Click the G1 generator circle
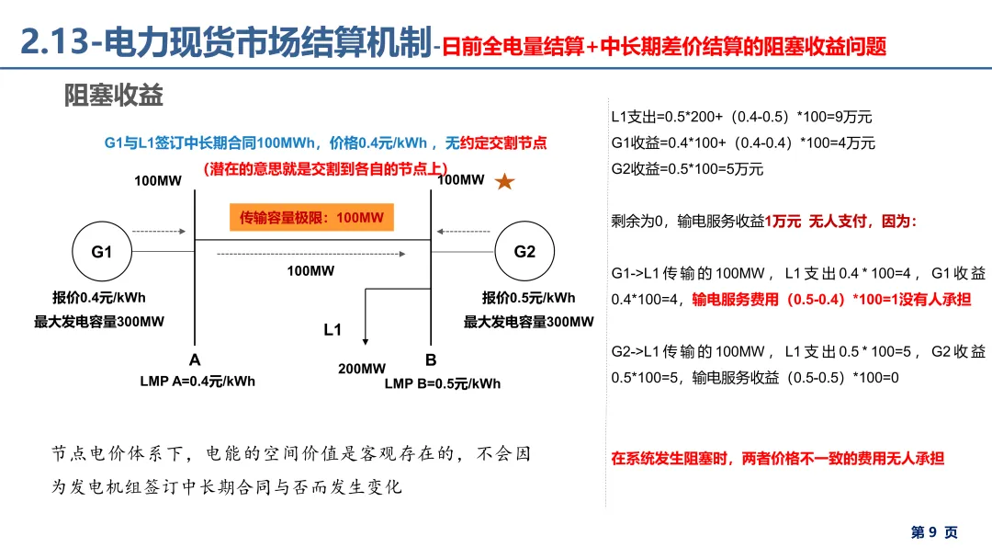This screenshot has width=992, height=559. pos(101,252)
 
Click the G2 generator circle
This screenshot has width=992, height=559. pos(524,252)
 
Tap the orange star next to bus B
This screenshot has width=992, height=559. pos(504,182)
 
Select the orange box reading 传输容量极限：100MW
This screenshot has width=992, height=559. pos(310,218)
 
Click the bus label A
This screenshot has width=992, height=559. pos(195,359)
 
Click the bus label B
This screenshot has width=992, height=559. pos(431,359)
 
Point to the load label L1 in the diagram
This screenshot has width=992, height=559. pos(333,329)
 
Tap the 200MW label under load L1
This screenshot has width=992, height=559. pos(362,369)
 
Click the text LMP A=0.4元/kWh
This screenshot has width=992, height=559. pos(197,382)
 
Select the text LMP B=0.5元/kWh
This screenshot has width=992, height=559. pos(443,383)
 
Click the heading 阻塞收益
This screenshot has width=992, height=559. pos(114,94)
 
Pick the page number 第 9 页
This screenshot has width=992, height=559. pos(934,532)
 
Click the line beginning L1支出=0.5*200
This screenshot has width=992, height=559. pos(741,118)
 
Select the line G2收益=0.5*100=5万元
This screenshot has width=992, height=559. pos(687,169)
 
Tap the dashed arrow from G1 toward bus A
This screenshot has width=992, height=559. pos(152,232)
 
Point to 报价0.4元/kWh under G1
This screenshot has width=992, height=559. pos(99,297)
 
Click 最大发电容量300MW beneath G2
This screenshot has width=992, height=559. pos(529,322)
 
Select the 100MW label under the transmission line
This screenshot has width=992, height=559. pos(310,271)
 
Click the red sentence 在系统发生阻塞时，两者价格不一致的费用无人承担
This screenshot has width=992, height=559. pos(777,458)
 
